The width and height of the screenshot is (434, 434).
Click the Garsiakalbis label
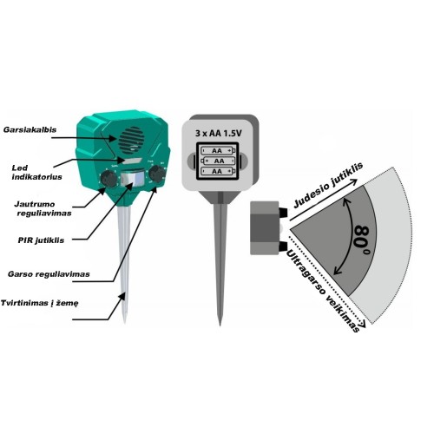click(x=30, y=129)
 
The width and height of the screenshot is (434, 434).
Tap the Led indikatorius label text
click(x=36, y=173)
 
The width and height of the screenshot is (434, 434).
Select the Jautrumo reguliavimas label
click(x=43, y=208)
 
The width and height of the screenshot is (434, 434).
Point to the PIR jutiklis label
click(x=41, y=240)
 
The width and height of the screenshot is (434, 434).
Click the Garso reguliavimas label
click(x=49, y=274)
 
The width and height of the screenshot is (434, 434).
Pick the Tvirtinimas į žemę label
click(x=40, y=303)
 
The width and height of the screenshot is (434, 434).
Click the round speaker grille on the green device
click(x=131, y=141)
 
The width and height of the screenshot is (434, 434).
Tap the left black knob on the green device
click(x=108, y=179)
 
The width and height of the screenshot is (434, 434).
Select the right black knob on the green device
click(x=157, y=174)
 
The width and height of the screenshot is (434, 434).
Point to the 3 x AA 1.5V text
click(x=219, y=134)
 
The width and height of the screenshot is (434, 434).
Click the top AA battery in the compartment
click(x=218, y=150)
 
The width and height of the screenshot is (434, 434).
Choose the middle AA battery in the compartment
click(x=218, y=161)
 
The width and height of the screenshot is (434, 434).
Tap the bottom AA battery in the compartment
click(x=218, y=171)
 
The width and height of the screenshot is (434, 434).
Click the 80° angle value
click(x=362, y=240)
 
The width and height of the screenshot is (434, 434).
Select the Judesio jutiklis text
click(x=328, y=185)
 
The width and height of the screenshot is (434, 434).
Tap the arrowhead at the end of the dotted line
click(x=362, y=323)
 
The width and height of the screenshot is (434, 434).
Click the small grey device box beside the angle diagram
click(x=265, y=228)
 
